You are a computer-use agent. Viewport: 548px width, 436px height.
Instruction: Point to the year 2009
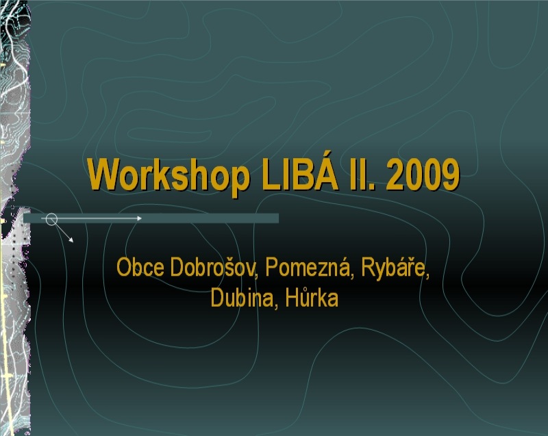coord(423,174)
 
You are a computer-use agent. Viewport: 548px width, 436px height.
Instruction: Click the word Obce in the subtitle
coord(140,267)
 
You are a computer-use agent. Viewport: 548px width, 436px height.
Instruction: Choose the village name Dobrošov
coord(214,267)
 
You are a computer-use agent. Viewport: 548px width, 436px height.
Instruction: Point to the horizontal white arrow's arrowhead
coord(140,218)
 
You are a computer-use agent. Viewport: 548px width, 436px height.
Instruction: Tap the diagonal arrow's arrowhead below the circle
coord(71,240)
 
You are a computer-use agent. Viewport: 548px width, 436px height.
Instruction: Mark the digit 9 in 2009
coord(450,174)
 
